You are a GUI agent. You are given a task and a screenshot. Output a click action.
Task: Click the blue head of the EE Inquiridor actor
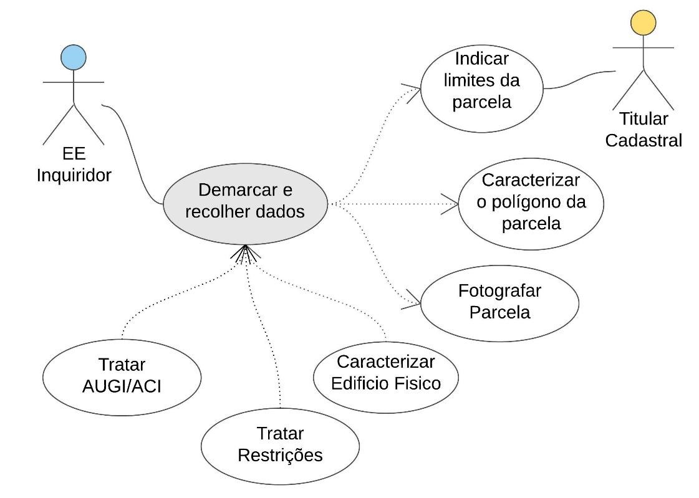pyautogui.click(x=74, y=58)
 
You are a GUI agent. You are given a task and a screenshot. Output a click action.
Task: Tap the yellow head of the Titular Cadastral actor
pyautogui.click(x=643, y=22)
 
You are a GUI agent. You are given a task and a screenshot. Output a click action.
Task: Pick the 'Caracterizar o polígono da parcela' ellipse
pyautogui.click(x=531, y=203)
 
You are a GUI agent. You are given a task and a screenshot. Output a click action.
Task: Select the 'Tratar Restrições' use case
pyautogui.click(x=280, y=445)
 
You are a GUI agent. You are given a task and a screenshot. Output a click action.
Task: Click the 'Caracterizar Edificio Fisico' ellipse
pyautogui.click(x=386, y=373)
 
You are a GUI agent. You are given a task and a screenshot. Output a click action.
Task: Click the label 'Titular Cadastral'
pyautogui.click(x=644, y=130)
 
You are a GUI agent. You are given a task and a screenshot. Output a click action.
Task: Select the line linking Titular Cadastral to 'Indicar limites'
pyautogui.click(x=580, y=79)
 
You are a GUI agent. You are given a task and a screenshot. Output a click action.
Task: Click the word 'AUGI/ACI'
pyautogui.click(x=122, y=386)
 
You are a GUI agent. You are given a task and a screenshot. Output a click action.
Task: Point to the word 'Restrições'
pyautogui.click(x=280, y=455)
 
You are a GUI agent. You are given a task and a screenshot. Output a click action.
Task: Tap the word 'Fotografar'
pyautogui.click(x=499, y=291)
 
